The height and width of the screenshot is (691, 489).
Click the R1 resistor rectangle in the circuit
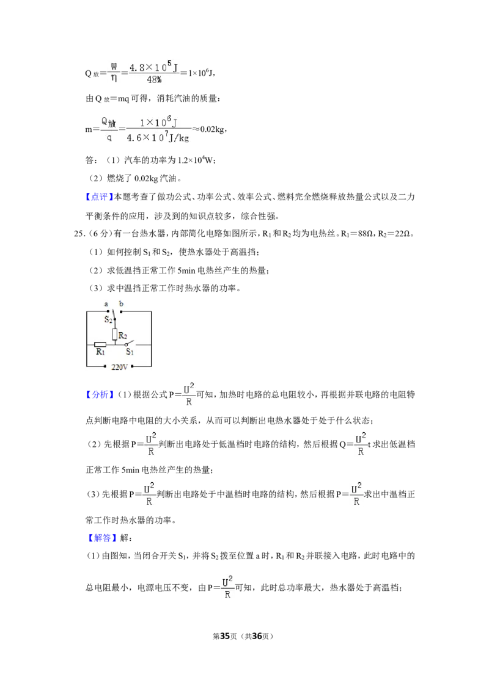[x=100, y=345]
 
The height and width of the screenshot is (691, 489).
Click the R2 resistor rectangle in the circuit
[x=115, y=335]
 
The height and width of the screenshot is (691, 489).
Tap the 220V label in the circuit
[x=119, y=367]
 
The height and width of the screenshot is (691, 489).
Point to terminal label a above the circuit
[x=106, y=304]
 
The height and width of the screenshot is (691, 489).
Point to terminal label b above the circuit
[x=122, y=303]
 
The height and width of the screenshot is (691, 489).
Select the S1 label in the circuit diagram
[x=130, y=352]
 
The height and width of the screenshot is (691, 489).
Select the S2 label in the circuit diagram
[x=108, y=319]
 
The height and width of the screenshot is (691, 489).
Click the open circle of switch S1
[x=126, y=344]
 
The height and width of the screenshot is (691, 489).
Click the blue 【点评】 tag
[x=99, y=197]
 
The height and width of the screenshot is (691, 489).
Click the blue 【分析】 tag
[x=100, y=394]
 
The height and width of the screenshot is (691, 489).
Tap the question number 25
[x=79, y=234]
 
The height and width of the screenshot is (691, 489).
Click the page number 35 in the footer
[x=225, y=636]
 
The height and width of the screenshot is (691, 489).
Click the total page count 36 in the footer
[x=257, y=636]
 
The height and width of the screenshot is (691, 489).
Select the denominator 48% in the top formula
[x=154, y=80]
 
